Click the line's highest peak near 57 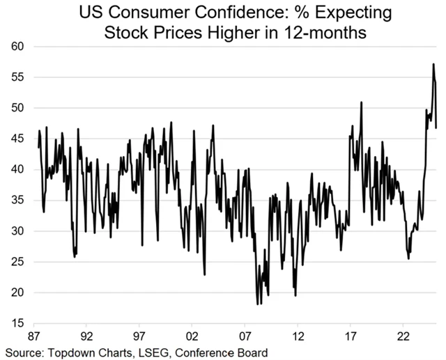pyautogui.click(x=433, y=64)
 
